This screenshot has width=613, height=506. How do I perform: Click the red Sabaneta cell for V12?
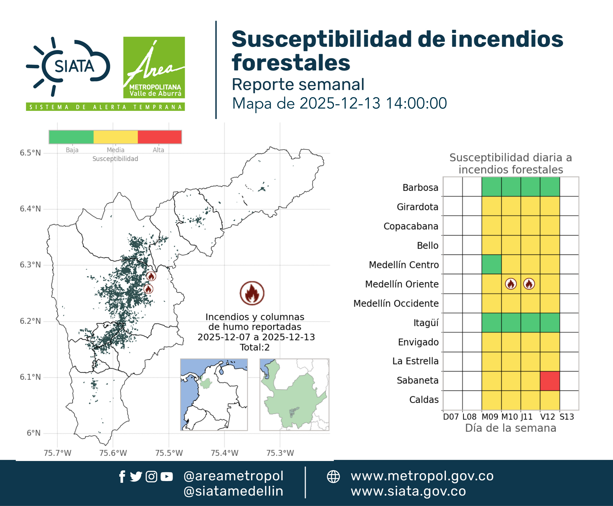click(550, 381)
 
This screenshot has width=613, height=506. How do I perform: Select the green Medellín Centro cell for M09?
click(491, 264)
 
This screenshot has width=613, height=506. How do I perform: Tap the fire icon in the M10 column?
click(511, 284)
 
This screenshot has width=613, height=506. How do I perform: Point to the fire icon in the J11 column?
click(529, 284)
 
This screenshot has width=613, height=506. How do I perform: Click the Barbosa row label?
click(420, 187)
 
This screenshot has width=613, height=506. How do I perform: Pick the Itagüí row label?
click(426, 323)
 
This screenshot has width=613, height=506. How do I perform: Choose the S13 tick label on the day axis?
click(567, 417)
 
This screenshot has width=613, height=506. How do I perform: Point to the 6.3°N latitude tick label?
click(30, 265)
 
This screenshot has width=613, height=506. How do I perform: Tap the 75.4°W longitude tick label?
click(225, 453)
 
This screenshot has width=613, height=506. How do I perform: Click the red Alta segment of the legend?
click(160, 137)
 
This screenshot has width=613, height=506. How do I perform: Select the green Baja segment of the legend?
click(71, 137)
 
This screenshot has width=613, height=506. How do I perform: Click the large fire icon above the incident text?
click(252, 293)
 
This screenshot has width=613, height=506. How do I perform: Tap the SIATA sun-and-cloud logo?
click(68, 66)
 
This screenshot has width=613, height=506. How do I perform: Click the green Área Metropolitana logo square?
click(154, 67)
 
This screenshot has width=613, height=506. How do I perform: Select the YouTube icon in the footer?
click(167, 477)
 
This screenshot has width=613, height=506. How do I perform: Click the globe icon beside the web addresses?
click(333, 477)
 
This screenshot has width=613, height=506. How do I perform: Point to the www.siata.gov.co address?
click(408, 491)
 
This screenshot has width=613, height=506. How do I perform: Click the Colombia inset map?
click(214, 395)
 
